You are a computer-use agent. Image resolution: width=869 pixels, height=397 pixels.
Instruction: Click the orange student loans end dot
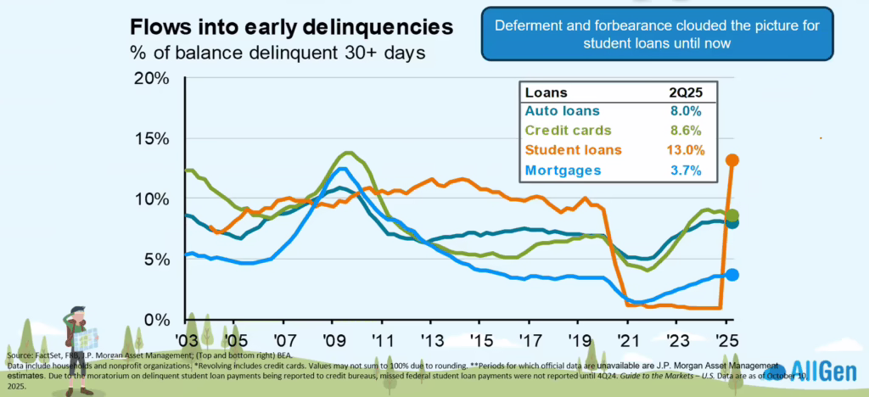click(732, 159)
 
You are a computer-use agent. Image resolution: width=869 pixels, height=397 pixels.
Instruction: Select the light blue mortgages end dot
click(732, 274)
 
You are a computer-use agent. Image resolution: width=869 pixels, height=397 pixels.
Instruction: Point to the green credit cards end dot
click(732, 215)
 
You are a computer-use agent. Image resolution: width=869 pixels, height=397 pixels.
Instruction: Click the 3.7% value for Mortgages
click(689, 170)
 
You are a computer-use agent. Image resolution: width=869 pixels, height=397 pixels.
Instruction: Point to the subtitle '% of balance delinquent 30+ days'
click(277, 51)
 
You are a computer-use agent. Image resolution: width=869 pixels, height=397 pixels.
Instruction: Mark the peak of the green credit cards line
click(346, 154)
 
